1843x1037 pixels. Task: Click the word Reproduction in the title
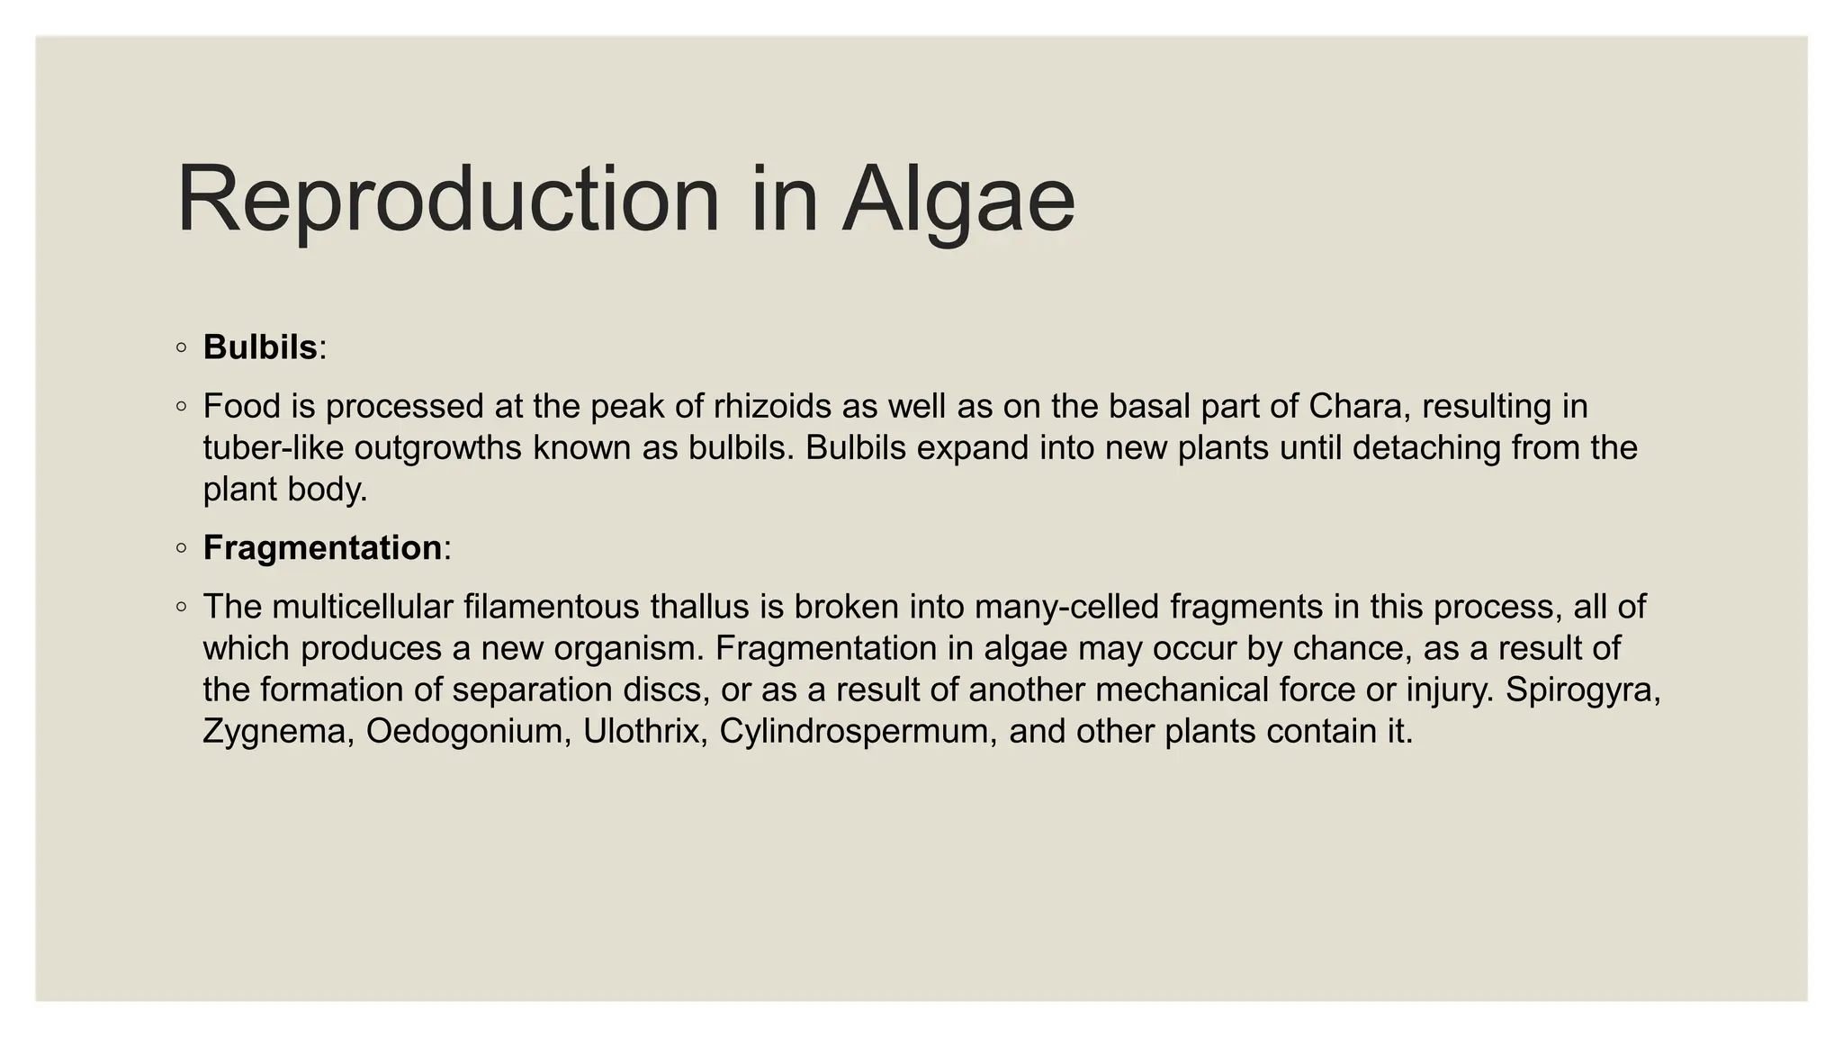click(448, 200)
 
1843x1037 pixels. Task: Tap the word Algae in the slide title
click(958, 200)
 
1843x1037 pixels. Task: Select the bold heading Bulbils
click(260, 347)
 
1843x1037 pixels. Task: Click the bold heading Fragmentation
click(322, 548)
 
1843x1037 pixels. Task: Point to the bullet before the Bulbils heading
click(182, 347)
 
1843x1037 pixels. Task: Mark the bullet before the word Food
click(182, 407)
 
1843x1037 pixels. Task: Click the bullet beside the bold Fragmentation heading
click(182, 548)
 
